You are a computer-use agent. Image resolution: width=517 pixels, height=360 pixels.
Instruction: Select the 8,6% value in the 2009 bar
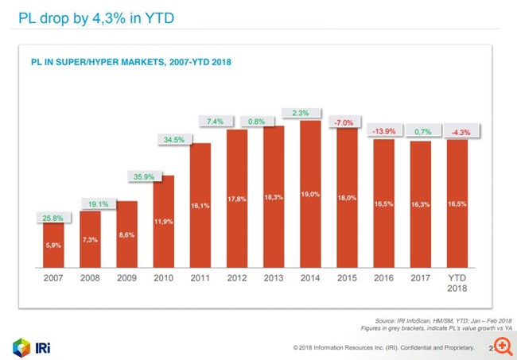[x=126, y=237]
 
